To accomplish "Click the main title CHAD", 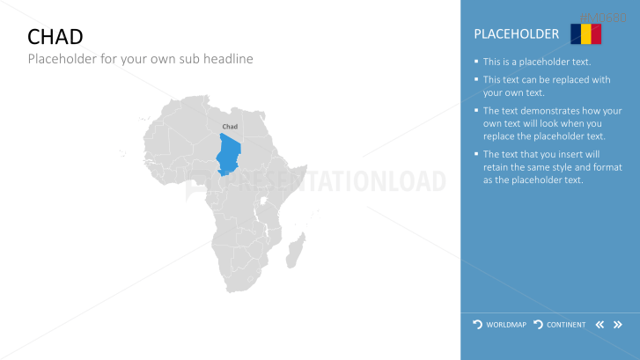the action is [x=55, y=37].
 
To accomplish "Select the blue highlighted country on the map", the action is [x=229, y=154].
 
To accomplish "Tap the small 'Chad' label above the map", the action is [x=230, y=127].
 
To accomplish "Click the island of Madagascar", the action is [x=296, y=250].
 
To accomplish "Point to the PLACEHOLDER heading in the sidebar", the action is [x=517, y=33].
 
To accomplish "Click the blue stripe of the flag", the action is [x=576, y=33].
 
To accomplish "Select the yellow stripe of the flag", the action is [x=585, y=33].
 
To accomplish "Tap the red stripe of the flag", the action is [x=596, y=33].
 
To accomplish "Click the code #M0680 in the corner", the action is [x=603, y=18].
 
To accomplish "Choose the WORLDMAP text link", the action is [x=506, y=325].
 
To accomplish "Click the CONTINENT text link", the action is [x=566, y=325].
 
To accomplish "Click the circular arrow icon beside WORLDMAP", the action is [x=477, y=325].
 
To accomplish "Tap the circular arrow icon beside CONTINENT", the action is [x=539, y=325].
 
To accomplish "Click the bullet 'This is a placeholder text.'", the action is [x=537, y=62].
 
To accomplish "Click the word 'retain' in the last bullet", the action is [x=496, y=167].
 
